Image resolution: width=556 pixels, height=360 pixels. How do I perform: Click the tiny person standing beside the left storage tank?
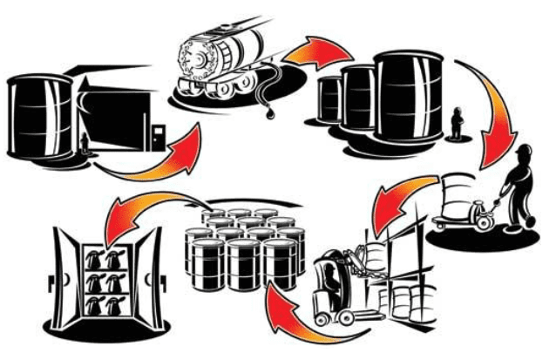point(84,141)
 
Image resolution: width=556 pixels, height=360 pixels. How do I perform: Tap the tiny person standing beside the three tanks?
point(455,125)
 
